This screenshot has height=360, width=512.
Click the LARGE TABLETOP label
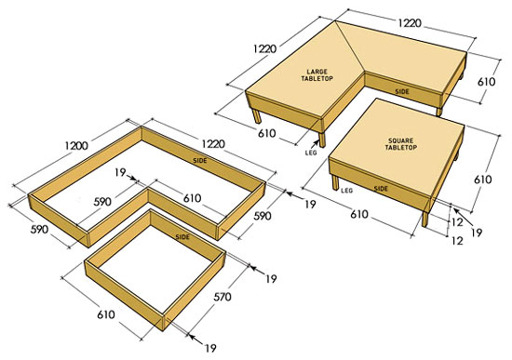[x=317, y=75]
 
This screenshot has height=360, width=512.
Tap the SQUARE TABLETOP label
[x=400, y=144]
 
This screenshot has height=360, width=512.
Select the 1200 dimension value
[x=76, y=145]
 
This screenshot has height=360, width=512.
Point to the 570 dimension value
[x=222, y=297]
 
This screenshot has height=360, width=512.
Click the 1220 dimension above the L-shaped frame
[x=213, y=143]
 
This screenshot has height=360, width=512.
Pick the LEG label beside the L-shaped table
[x=311, y=153]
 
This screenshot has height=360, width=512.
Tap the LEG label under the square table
[x=347, y=190]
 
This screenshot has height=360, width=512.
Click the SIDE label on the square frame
[x=182, y=236]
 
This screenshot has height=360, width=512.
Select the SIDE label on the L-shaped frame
[x=200, y=161]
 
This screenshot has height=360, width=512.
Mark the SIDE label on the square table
[x=381, y=189]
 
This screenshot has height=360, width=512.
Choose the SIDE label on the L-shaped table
[x=402, y=92]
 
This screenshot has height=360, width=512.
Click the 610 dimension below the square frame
[x=106, y=314]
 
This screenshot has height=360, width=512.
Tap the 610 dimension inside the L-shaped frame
[x=192, y=198]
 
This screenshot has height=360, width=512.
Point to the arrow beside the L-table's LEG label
[x=316, y=144]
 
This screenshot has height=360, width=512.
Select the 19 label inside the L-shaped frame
[x=120, y=172]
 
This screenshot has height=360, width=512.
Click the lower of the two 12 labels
[x=457, y=241]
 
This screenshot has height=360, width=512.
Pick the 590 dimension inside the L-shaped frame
[x=102, y=202]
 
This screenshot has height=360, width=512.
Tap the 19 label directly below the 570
[x=210, y=348]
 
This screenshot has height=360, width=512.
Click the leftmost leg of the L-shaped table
[x=257, y=116]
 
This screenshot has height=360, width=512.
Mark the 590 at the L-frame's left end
[x=39, y=229]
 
